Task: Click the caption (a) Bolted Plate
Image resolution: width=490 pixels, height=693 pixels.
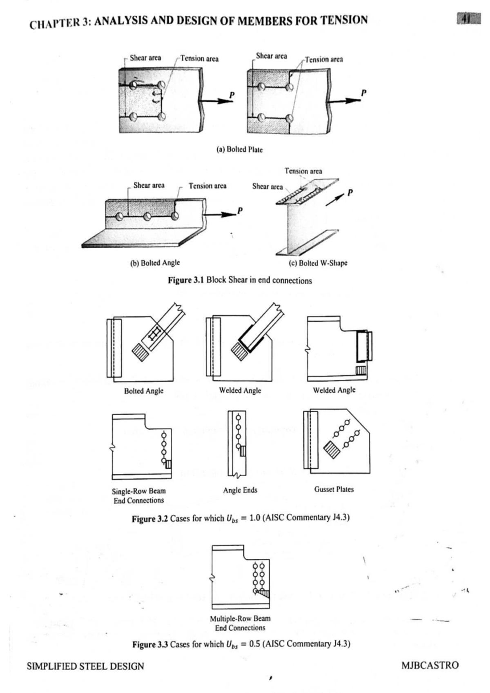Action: [239, 149]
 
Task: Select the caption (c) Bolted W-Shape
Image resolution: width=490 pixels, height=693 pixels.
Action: [318, 263]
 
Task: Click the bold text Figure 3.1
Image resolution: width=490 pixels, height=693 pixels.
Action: [186, 280]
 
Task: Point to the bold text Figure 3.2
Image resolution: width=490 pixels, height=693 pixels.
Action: [149, 519]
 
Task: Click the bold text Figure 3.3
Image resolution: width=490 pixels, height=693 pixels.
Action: [150, 644]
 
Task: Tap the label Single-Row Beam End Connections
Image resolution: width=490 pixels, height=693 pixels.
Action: [139, 495]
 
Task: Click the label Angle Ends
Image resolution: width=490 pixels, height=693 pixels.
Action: [240, 490]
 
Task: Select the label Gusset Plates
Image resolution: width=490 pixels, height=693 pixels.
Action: [334, 489]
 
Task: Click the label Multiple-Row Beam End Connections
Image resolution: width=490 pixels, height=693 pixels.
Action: [240, 623]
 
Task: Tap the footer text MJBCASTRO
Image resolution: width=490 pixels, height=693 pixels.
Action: [430, 666]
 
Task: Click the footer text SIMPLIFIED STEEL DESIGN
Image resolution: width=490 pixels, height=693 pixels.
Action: [85, 666]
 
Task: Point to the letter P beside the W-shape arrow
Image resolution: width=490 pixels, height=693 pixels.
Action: [350, 192]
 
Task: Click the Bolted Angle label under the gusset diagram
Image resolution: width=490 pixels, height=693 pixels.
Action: [144, 391]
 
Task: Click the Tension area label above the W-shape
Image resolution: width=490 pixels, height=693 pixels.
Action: [303, 171]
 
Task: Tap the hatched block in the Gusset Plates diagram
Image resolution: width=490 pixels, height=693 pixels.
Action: [332, 449]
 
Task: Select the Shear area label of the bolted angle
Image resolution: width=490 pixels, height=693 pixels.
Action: [149, 185]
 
